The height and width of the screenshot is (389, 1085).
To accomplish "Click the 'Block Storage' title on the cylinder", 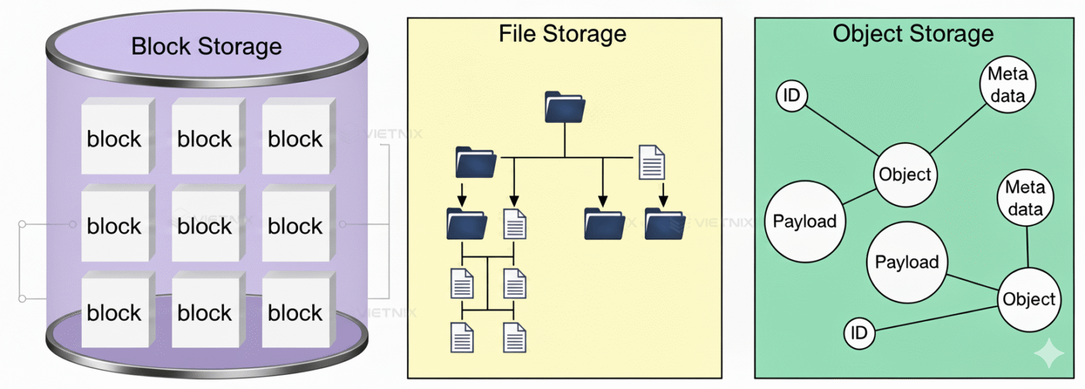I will pyautogui.click(x=206, y=47).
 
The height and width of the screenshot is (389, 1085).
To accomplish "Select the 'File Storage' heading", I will pyautogui.click(x=562, y=33).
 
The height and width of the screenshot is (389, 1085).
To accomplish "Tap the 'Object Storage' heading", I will pyautogui.click(x=913, y=33).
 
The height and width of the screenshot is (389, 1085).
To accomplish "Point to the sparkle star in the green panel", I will pyautogui.click(x=1048, y=354).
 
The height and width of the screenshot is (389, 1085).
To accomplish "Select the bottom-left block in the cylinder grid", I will pyautogui.click(x=114, y=313).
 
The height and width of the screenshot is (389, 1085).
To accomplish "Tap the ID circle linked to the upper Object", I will pyautogui.click(x=792, y=96).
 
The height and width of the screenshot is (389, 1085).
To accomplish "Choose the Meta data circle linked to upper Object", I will pyautogui.click(x=1007, y=85).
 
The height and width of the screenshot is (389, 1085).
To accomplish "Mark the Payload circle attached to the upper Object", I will pyautogui.click(x=805, y=221).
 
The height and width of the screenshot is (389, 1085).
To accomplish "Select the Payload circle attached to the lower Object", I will pyautogui.click(x=906, y=263).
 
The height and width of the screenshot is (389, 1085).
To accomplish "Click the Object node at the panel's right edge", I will pyautogui.click(x=1028, y=299).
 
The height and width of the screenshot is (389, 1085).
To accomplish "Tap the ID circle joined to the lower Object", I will pyautogui.click(x=860, y=333).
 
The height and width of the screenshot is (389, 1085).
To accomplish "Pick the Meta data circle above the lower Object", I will pyautogui.click(x=1024, y=199).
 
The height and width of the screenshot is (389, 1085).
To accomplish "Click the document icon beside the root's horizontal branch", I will pyautogui.click(x=651, y=162).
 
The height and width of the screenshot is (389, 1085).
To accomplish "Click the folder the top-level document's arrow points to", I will pyautogui.click(x=665, y=223).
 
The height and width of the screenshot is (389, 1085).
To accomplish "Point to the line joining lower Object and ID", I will pyautogui.click(x=936, y=319).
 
